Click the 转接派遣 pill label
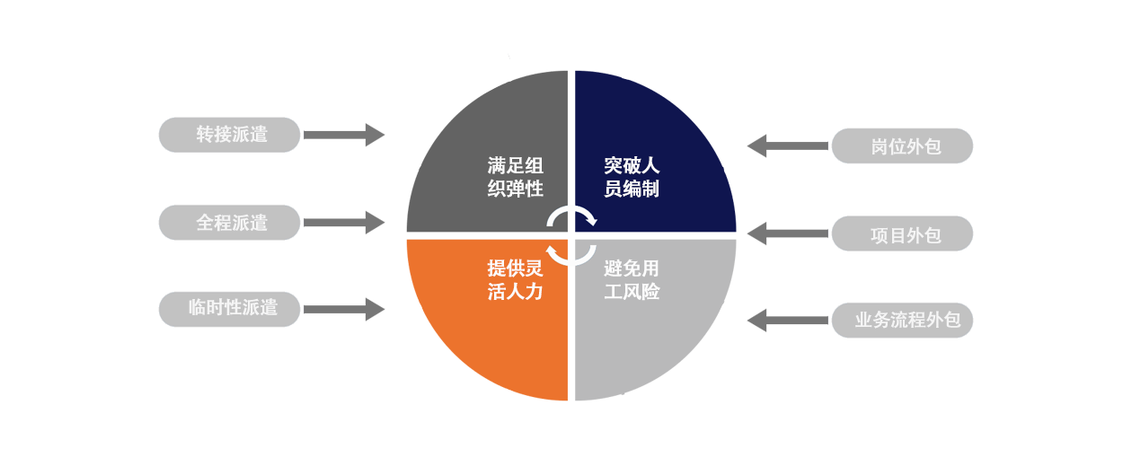229,135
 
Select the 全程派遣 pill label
229,222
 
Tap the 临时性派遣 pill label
229,309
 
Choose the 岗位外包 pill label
902,146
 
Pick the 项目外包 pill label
902,233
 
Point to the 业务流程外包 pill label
902,321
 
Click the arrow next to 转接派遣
344,135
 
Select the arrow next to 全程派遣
344,223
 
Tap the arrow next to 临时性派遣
344,309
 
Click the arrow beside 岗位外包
787,146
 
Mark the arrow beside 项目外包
787,233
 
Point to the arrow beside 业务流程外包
787,321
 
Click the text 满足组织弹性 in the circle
515,177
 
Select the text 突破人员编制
632,177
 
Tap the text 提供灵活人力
515,280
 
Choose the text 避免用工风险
632,280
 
